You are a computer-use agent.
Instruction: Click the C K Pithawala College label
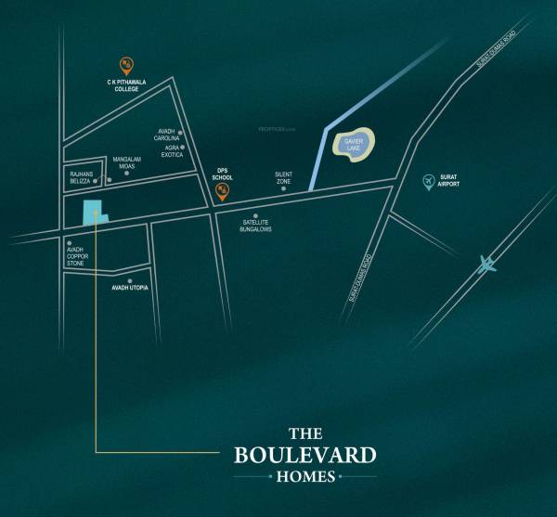(x=126, y=85)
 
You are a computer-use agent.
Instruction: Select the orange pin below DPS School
(x=222, y=192)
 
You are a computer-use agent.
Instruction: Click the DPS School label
(x=222, y=174)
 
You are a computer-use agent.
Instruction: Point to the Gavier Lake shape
(x=352, y=144)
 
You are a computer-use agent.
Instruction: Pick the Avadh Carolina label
(x=168, y=136)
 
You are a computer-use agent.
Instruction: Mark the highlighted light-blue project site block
(x=93, y=213)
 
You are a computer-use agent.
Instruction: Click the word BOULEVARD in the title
(x=304, y=455)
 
